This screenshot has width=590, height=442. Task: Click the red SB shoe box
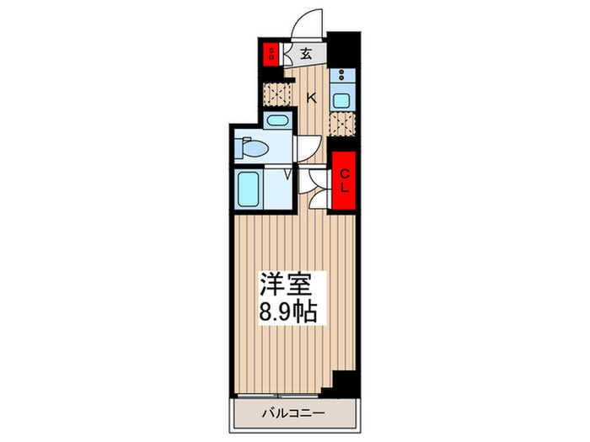tap(271, 54)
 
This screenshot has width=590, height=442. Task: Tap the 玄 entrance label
tap(306, 54)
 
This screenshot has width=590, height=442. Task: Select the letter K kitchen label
tap(311, 98)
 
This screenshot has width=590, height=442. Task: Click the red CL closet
tap(344, 180)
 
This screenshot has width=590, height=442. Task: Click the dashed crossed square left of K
tap(276, 93)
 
